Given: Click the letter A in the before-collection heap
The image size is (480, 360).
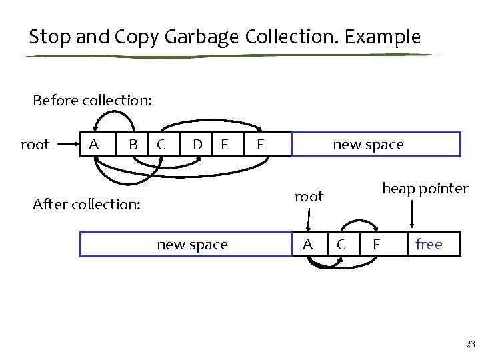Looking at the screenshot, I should (x=94, y=145).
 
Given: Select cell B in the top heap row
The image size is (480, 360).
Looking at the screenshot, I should (x=133, y=145).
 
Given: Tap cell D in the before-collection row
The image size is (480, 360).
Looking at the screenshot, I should (x=197, y=145).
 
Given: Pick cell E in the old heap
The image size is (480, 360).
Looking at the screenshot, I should (x=225, y=145).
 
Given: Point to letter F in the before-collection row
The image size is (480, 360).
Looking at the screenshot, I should (x=261, y=145).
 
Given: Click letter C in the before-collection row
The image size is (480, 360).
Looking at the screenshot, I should (x=161, y=145).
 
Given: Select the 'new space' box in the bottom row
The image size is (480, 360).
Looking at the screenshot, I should (x=192, y=245).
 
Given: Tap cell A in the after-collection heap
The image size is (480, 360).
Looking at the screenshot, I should (x=307, y=245).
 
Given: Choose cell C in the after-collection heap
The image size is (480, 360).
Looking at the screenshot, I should (x=341, y=245).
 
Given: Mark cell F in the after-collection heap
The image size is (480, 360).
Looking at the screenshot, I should (x=376, y=245).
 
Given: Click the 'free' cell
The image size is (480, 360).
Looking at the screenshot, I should (x=429, y=245).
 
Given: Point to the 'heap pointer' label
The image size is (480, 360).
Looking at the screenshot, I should (x=425, y=189).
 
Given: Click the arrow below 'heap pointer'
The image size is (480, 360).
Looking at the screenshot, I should (x=413, y=214).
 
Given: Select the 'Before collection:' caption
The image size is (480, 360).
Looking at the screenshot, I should (x=92, y=101).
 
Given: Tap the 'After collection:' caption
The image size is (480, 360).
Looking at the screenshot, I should (x=87, y=204).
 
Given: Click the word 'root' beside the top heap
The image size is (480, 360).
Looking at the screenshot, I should (x=35, y=145).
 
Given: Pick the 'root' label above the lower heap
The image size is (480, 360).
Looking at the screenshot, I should (x=309, y=197).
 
